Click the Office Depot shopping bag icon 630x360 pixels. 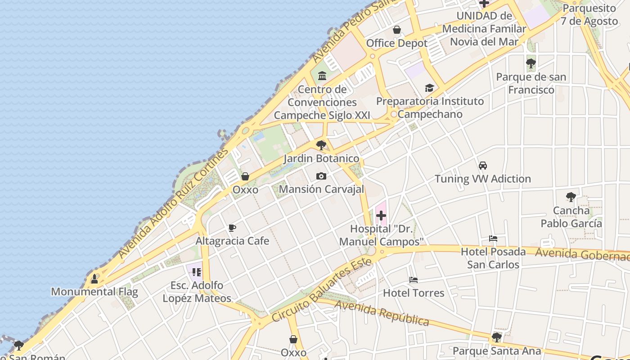click(x=397, y=30)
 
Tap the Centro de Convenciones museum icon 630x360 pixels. click(x=322, y=76)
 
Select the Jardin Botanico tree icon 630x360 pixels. click(x=321, y=145)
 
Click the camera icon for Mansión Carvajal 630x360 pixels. click(x=321, y=176)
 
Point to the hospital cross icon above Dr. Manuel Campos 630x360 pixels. click(x=381, y=216)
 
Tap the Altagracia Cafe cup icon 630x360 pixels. click(x=232, y=228)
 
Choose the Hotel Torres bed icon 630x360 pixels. click(x=414, y=280)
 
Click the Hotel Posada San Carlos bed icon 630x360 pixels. click(x=493, y=238)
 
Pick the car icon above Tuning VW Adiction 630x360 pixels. click(x=483, y=166)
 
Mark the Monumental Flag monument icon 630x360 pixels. click(x=94, y=279)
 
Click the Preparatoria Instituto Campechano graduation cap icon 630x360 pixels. click(x=430, y=88)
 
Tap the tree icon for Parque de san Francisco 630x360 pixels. click(x=531, y=63)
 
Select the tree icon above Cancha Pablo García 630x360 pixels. click(x=571, y=197)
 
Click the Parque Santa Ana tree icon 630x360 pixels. click(x=497, y=337)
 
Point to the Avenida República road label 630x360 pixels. click(x=382, y=313)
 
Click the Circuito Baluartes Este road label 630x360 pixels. click(x=322, y=290)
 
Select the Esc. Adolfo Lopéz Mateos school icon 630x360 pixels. click(x=197, y=272)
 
